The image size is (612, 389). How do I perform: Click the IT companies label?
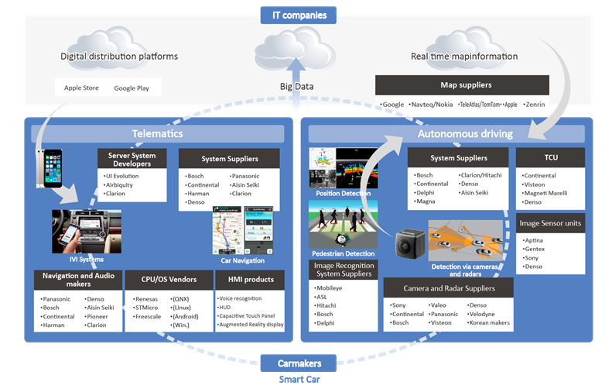(x=306, y=15)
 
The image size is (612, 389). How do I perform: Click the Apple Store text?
(x=80, y=88)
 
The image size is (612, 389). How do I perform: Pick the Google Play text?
(x=132, y=88)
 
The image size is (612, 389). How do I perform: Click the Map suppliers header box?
(x=462, y=84)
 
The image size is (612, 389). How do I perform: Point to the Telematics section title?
(x=160, y=133)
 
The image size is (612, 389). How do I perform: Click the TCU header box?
(x=550, y=157)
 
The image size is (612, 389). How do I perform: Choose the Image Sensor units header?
(x=550, y=223)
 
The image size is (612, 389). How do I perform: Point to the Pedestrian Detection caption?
(x=343, y=253)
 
